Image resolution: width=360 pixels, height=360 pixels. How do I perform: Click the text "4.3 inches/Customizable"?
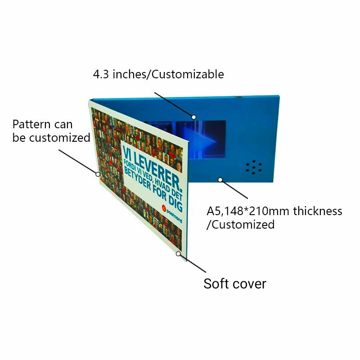tap(158, 74)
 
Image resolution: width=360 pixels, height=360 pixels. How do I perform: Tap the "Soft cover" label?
tap(234, 284)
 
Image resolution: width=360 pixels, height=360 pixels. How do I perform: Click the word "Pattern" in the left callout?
tap(31, 124)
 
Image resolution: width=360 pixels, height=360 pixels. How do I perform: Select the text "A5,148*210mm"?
tap(248, 211)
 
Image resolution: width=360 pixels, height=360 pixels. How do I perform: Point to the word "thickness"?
tap(318, 211)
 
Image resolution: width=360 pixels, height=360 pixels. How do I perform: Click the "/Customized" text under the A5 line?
tap(240, 225)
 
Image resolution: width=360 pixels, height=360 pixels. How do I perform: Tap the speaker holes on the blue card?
tap(254, 167)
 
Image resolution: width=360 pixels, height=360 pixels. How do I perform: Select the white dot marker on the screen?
tap(194, 117)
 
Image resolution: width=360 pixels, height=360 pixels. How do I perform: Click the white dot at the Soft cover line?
tap(178, 254)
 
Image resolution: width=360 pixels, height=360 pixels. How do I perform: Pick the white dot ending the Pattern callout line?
tap(98, 174)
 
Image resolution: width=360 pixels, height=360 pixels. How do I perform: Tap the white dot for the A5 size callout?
tap(220, 180)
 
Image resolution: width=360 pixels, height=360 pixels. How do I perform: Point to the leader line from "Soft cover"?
tap(193, 263)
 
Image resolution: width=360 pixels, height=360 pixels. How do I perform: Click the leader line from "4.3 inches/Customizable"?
tap(173, 104)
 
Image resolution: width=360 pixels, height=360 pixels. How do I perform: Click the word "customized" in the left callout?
tap(60, 138)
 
